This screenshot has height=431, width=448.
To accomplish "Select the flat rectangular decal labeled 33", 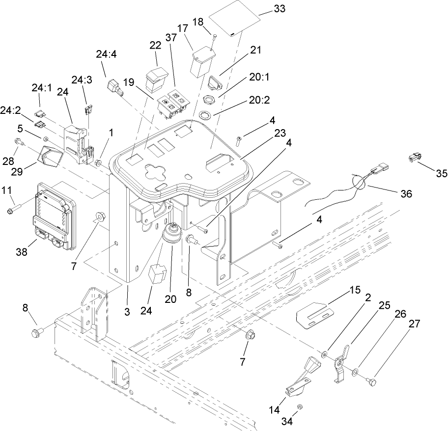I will [235, 23].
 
